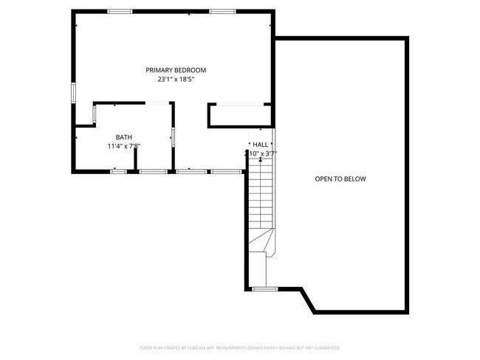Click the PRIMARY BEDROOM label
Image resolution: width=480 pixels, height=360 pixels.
[x=175, y=70]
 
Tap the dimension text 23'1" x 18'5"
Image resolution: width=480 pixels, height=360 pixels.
[x=175, y=79]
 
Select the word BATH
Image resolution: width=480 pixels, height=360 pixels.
[x=123, y=137]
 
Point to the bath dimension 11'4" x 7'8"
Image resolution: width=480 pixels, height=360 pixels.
[x=123, y=146]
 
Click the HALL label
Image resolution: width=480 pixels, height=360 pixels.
[x=260, y=145]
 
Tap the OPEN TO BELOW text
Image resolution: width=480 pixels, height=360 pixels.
[x=340, y=179]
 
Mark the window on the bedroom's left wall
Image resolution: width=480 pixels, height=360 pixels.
[x=72, y=93]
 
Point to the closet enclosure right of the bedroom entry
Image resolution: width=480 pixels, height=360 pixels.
[x=239, y=115]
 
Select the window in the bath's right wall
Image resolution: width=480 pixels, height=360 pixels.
[x=173, y=136]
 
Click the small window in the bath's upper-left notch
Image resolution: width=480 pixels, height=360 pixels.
[x=94, y=114]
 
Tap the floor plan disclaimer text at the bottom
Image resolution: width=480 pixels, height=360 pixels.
[x=239, y=347]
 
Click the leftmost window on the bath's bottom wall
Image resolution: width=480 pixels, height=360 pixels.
[x=117, y=171]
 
